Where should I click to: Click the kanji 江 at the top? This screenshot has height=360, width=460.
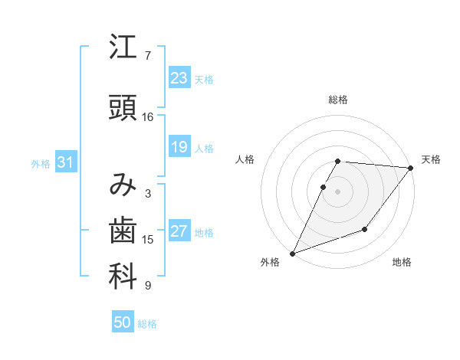pyautogui.click(x=123, y=48)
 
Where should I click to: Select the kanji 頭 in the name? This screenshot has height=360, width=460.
pyautogui.click(x=123, y=109)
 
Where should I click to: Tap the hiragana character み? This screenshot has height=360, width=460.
pyautogui.click(x=123, y=185)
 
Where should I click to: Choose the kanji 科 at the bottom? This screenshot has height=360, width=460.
pyautogui.click(x=123, y=277)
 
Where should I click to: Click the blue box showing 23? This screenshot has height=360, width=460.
pyautogui.click(x=179, y=78)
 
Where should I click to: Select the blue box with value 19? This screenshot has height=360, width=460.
pyautogui.click(x=179, y=147)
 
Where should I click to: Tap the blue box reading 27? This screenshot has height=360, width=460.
pyautogui.click(x=179, y=232)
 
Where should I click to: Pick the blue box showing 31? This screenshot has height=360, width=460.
pyautogui.click(x=65, y=163)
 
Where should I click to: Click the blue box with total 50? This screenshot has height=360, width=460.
pyautogui.click(x=123, y=322)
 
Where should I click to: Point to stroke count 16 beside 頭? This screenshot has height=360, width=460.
pyautogui.click(x=148, y=117)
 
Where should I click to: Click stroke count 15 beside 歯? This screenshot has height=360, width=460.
pyautogui.click(x=148, y=240)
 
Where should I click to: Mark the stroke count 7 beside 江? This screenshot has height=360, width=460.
pyautogui.click(x=148, y=56)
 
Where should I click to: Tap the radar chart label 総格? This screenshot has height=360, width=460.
pyautogui.click(x=338, y=100)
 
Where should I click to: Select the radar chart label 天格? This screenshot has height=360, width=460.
pyautogui.click(x=431, y=159)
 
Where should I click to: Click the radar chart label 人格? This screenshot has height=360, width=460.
pyautogui.click(x=245, y=159)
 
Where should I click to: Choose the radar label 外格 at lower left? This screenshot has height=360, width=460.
pyautogui.click(x=270, y=263)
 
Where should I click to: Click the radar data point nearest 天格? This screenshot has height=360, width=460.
pyautogui.click(x=411, y=168)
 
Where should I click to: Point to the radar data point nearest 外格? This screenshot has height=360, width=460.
pyautogui.click(x=292, y=254)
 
